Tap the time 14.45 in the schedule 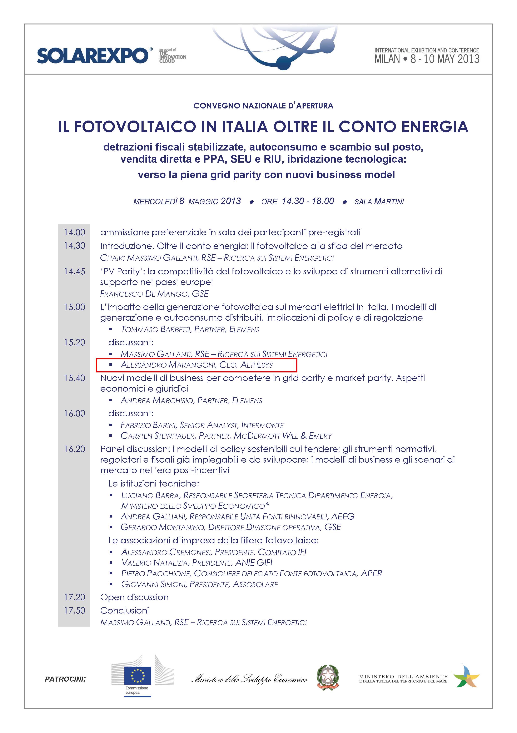click(74, 271)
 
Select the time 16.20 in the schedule click(74, 449)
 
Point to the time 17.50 click(74, 610)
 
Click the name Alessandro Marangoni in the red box click(168, 365)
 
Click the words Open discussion click(134, 597)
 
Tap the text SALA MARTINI click(379, 202)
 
